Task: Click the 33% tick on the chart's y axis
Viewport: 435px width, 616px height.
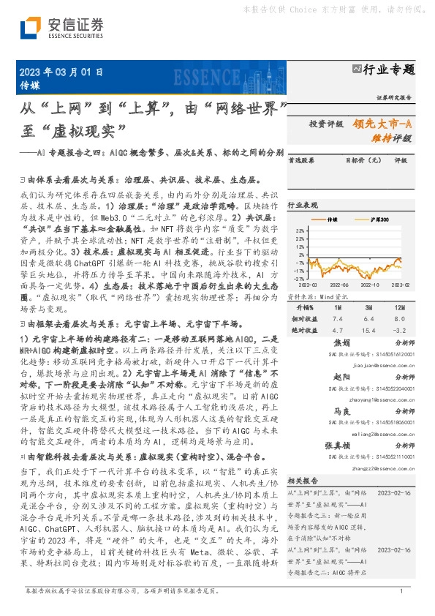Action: click(300, 230)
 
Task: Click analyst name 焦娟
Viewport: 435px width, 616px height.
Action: click(342, 342)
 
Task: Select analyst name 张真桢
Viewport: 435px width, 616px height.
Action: click(338, 446)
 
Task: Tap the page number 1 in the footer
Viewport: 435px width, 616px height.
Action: click(401, 590)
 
